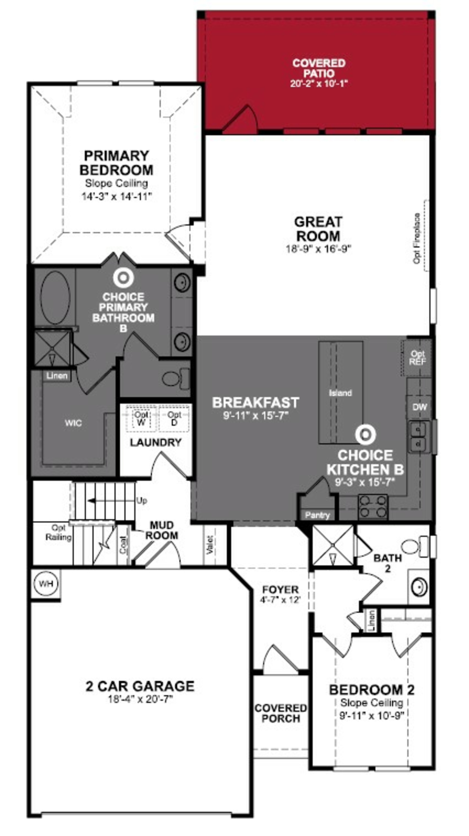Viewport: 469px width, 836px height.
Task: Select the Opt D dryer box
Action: pyautogui.click(x=174, y=418)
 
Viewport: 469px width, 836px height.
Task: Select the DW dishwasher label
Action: pyautogui.click(x=419, y=407)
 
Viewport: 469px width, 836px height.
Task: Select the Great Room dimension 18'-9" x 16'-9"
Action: pyautogui.click(x=318, y=249)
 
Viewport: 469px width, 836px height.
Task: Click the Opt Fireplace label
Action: pyautogui.click(x=417, y=238)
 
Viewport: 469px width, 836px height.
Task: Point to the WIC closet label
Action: pyautogui.click(x=73, y=423)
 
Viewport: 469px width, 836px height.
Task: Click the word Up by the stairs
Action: pyautogui.click(x=142, y=501)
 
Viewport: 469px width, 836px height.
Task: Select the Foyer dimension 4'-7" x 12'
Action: pyautogui.click(x=280, y=600)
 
